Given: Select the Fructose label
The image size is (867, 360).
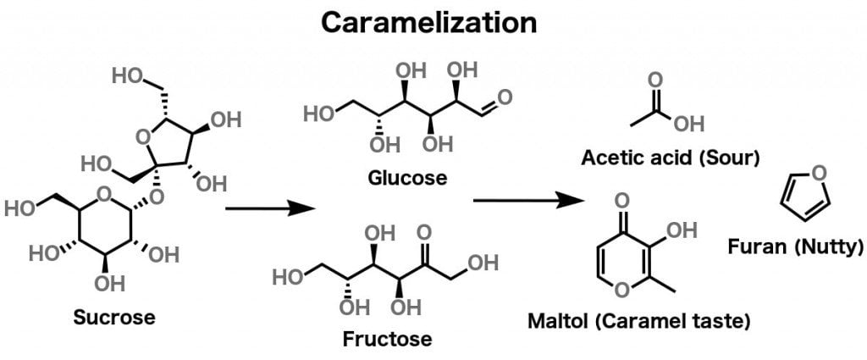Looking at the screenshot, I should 387,340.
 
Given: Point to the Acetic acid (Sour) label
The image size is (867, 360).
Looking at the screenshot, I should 671,158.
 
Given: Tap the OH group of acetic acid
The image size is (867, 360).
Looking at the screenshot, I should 689,125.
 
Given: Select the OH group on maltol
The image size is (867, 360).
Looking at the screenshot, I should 683,230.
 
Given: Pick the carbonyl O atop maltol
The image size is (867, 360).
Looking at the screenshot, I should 622,201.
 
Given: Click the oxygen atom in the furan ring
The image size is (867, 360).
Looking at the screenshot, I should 817,173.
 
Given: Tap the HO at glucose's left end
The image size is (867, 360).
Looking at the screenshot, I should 319,111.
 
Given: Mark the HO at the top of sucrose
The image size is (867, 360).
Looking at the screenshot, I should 126,75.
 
